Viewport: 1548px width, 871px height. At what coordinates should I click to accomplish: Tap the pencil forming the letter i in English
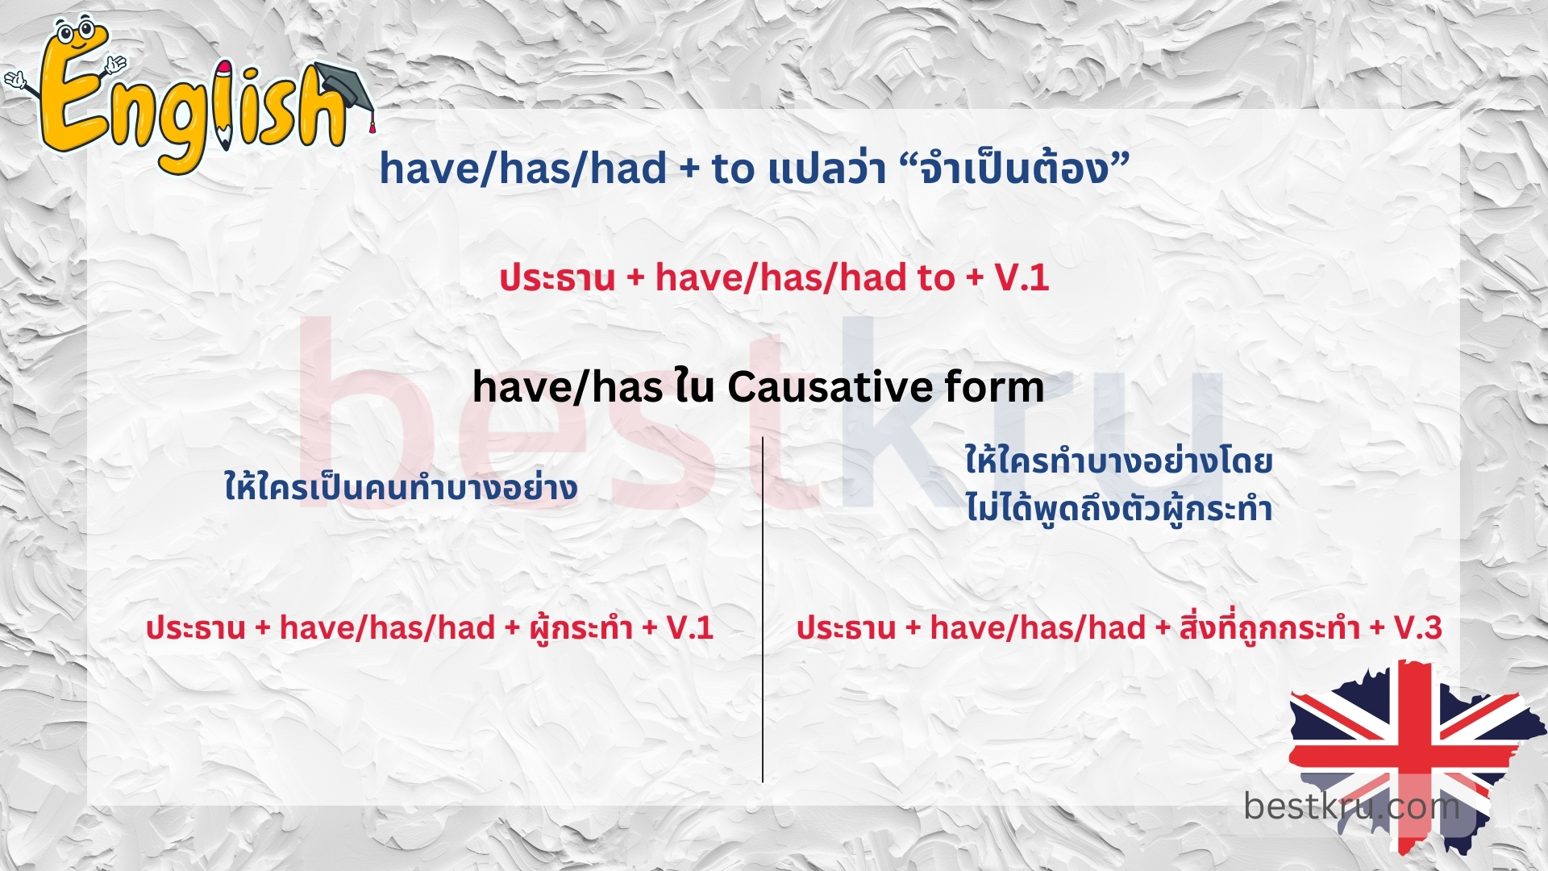click(x=223, y=105)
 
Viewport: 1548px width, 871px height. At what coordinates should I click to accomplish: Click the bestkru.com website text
click(x=1351, y=805)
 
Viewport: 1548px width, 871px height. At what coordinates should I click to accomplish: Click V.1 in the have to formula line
click(x=1022, y=278)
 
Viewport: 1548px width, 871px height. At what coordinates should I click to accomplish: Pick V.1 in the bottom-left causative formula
click(x=690, y=627)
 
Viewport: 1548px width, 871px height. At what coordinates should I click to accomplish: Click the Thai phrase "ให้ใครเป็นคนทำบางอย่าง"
click(x=401, y=488)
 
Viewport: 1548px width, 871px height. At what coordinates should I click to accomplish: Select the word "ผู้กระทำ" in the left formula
click(x=580, y=627)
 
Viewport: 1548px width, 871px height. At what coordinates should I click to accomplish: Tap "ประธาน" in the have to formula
click(x=557, y=278)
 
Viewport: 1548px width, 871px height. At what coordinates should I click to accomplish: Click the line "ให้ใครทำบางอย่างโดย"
click(x=1119, y=461)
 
